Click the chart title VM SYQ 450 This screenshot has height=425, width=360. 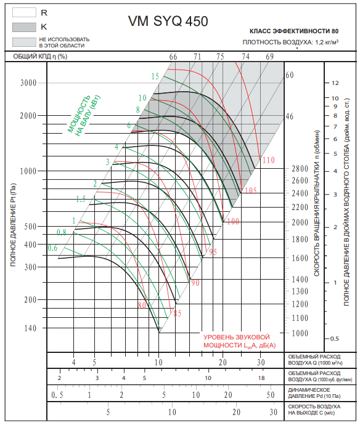point(168,21)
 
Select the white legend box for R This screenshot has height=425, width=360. point(24,12)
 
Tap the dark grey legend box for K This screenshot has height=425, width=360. point(24,27)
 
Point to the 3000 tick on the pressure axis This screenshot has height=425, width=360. point(28,83)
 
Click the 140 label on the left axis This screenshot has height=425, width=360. point(30,328)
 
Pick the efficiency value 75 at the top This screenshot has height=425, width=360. point(220,57)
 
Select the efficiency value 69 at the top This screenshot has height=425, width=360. point(269,57)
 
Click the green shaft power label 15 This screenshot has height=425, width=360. point(155,76)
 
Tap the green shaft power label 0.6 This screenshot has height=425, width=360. point(52,248)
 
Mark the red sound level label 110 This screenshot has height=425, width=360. point(268,160)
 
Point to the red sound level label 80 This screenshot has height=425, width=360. point(142,306)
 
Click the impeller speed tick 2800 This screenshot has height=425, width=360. point(300,169)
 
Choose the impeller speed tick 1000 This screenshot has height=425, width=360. point(300,333)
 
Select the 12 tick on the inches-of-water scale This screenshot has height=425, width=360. point(335,83)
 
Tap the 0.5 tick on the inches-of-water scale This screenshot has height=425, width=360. point(335,339)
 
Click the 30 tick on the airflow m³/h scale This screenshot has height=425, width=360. point(261,362)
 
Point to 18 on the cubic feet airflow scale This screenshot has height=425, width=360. point(261,378)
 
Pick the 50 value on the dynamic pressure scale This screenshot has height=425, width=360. point(271,395)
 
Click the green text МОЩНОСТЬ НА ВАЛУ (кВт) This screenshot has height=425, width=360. point(84,115)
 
